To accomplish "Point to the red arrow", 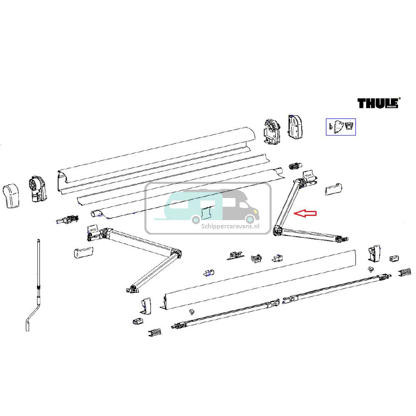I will (306, 213).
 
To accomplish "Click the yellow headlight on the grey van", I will (254, 212).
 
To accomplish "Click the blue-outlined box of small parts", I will (340, 127).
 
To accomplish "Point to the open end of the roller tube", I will (95, 213).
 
